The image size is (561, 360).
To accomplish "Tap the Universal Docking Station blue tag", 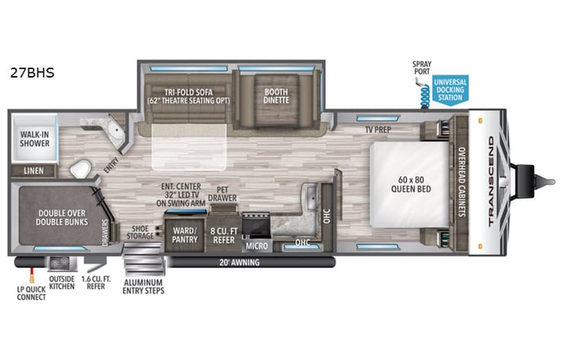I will point(450,90).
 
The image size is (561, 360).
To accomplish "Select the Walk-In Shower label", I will point(34,138).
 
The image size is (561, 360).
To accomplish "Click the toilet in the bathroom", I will point(80,168).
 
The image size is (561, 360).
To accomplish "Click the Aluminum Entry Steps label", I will point(144,286).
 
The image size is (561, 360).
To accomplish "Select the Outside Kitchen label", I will point(62,286).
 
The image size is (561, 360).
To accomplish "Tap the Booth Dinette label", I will point(270,97).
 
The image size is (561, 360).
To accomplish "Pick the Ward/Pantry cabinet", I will point(185,234).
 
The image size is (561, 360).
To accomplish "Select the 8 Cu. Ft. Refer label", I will point(223,234).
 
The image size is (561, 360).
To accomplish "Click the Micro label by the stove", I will point(256,246).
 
